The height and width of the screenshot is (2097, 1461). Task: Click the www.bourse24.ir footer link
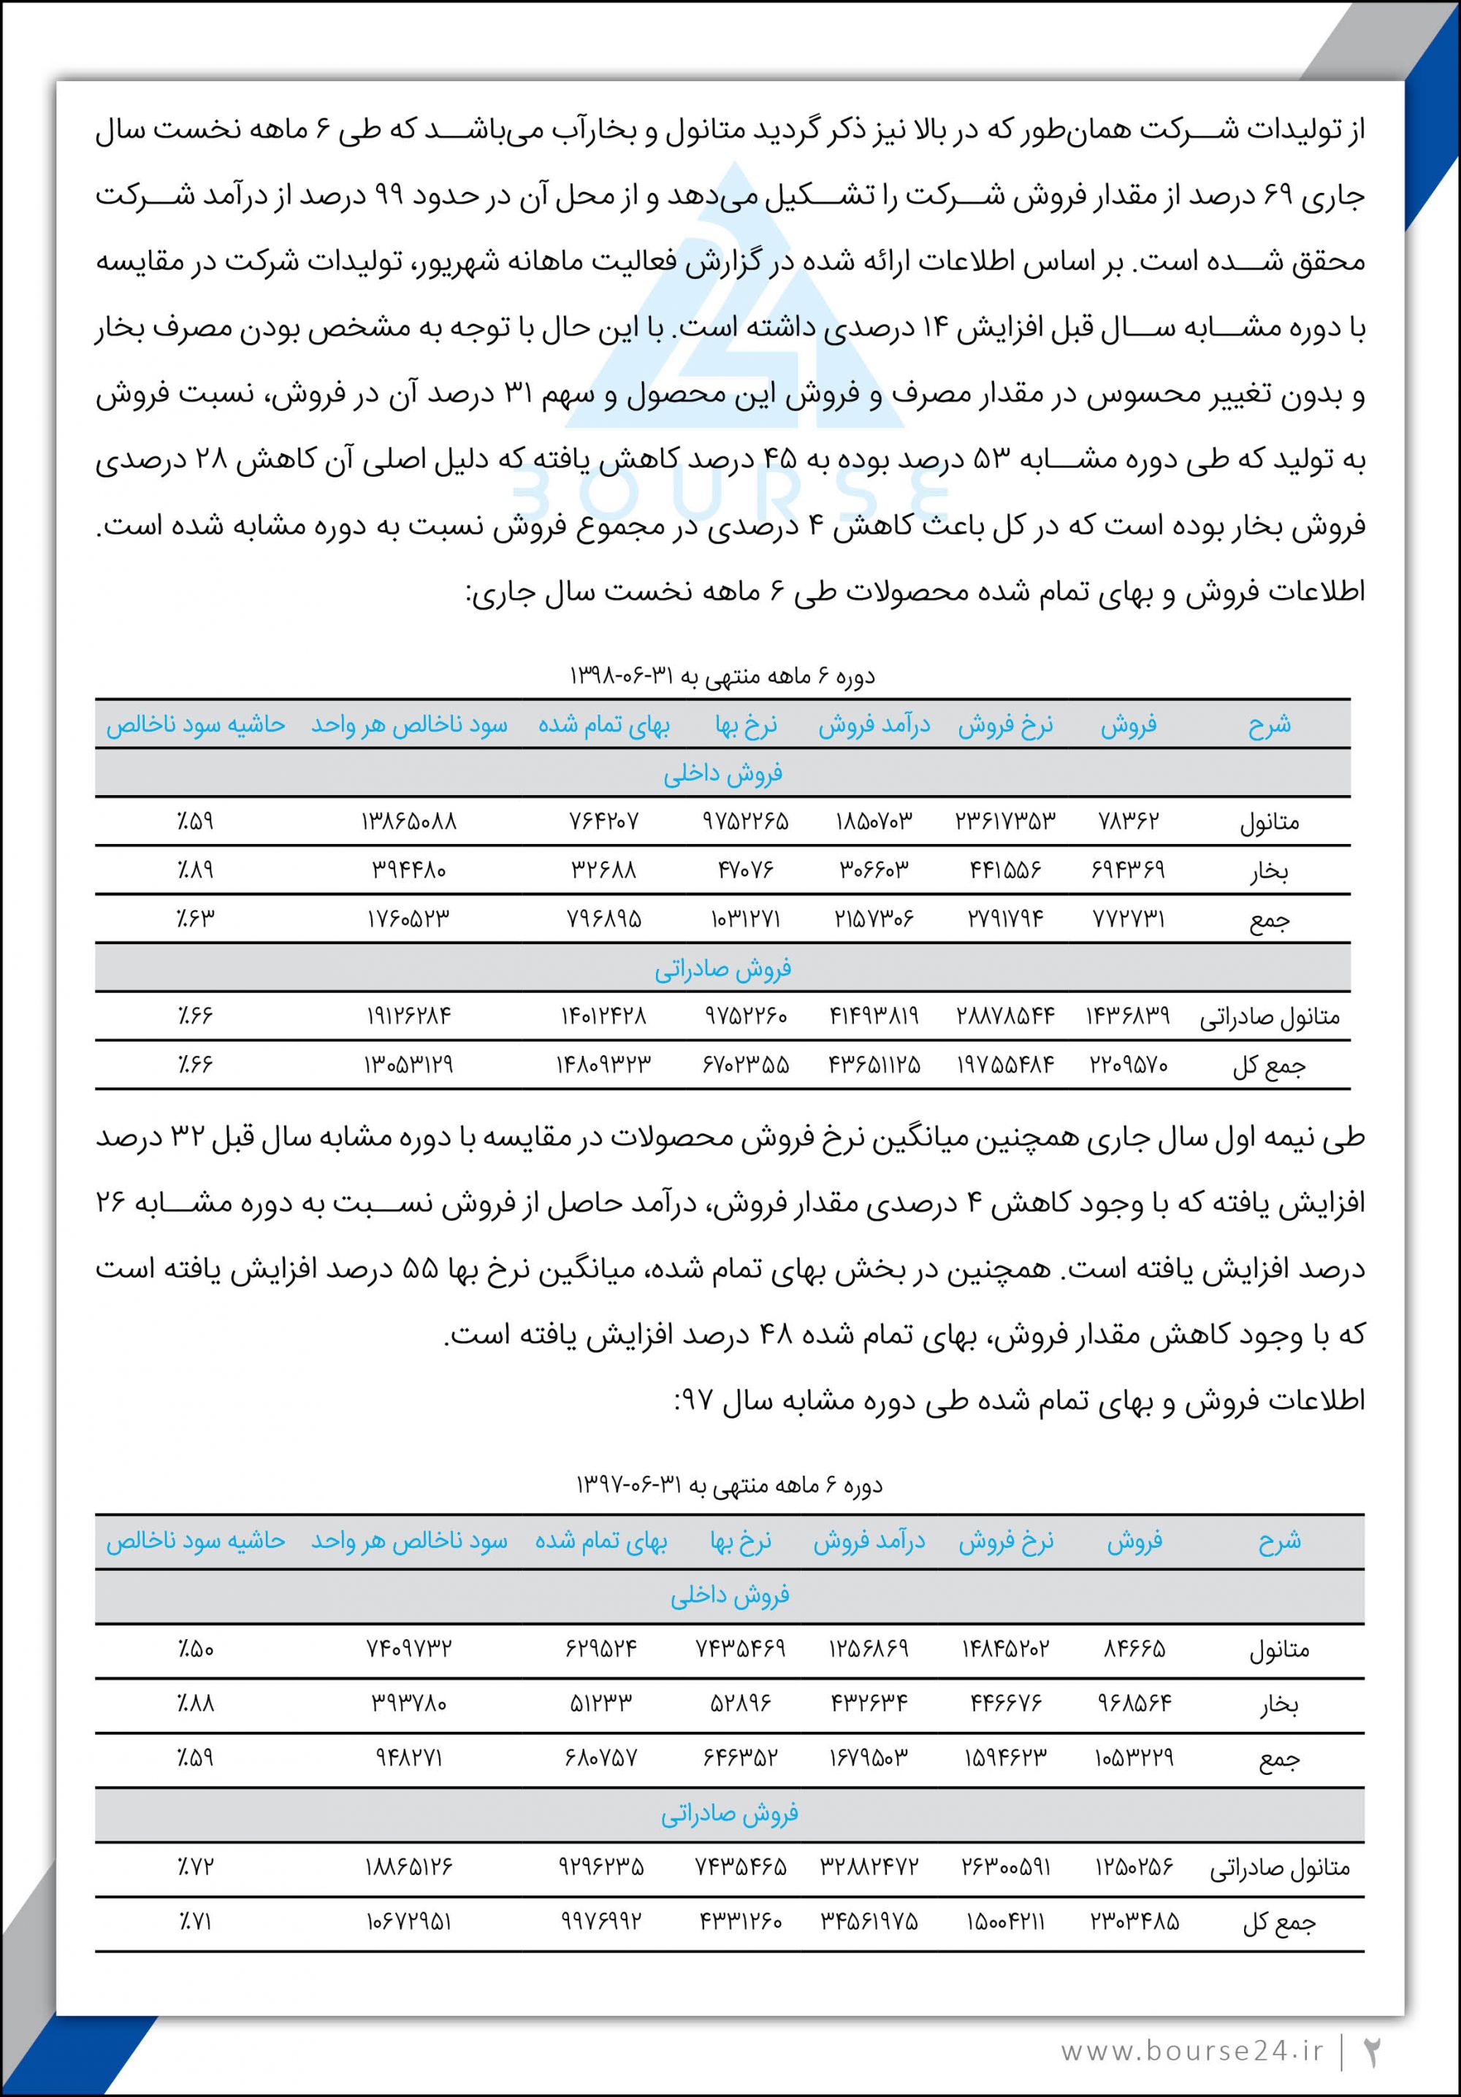(1191, 2050)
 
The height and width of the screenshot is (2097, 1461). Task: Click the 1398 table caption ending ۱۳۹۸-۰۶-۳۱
(722, 677)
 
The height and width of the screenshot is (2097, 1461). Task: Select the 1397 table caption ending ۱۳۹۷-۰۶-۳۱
(728, 1485)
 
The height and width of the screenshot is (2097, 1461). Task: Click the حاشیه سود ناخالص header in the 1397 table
(196, 1541)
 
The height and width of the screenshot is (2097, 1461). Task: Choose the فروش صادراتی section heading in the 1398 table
(722, 968)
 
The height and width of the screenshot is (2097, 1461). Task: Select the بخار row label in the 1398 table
(1269, 871)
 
